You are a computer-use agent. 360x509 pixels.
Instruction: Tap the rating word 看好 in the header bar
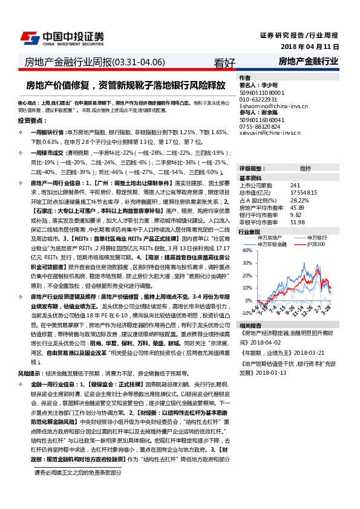tap(224, 62)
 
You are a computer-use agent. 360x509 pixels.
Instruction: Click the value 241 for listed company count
tap(295, 185)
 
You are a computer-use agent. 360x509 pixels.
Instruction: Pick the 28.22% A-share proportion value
tap(300, 199)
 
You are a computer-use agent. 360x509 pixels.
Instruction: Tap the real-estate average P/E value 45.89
tap(298, 207)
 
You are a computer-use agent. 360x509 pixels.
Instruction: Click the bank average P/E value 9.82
tap(296, 214)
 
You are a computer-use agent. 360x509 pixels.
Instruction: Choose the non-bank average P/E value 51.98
tap(298, 222)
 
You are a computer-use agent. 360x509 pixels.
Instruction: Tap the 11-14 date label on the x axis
tap(298, 314)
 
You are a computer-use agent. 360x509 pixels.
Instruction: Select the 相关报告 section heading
tap(249, 325)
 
